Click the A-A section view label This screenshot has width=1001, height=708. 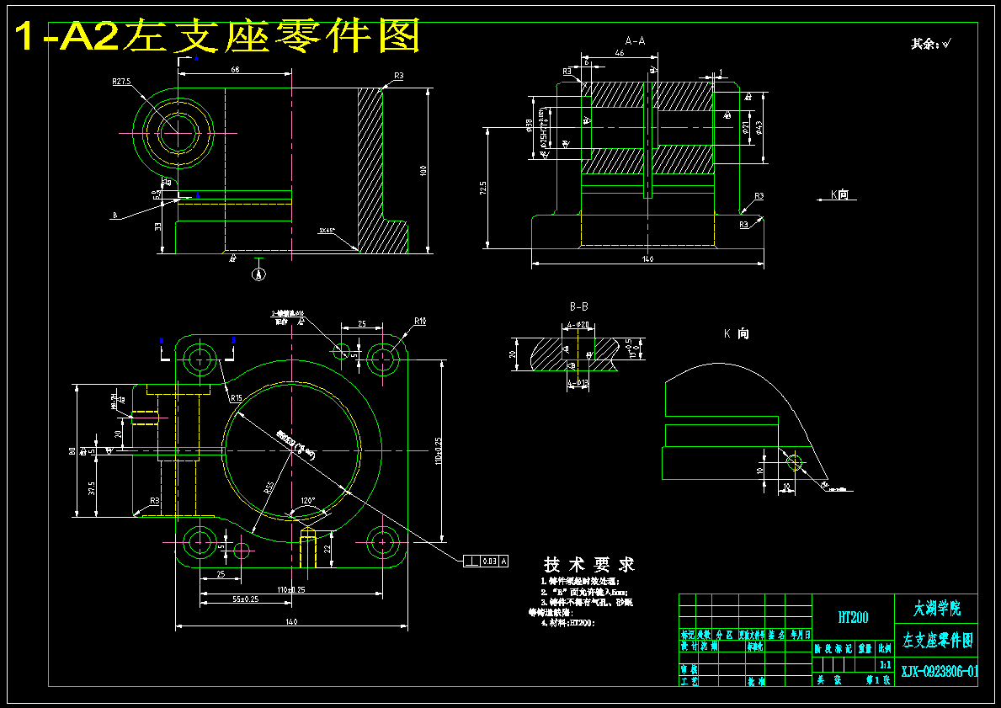click(635, 40)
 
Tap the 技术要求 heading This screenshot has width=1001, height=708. click(589, 564)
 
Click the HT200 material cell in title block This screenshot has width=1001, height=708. click(853, 618)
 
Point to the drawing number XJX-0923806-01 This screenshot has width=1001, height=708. click(940, 671)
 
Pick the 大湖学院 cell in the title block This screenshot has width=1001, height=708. click(937, 608)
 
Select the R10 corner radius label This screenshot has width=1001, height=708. click(420, 321)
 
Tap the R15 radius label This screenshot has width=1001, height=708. click(235, 397)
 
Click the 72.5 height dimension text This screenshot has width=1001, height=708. click(482, 188)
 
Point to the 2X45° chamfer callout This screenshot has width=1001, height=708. click(327, 230)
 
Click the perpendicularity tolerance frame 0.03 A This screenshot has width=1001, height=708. click(487, 561)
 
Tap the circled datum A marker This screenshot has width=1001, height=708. click(259, 273)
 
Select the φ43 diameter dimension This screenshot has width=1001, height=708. click(759, 126)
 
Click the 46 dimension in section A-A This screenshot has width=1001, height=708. click(620, 53)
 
